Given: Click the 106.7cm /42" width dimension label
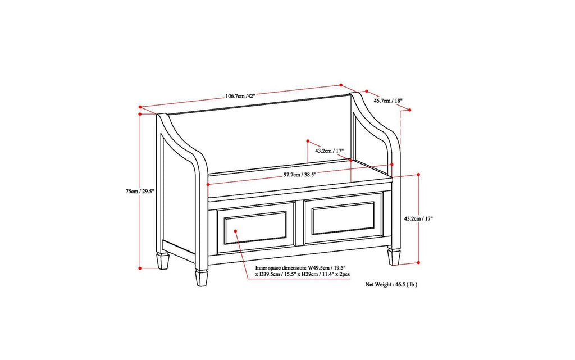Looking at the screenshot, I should pos(240,96).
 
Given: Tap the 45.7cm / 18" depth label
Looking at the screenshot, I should pos(388,101).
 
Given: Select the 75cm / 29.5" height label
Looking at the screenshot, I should pos(140,191).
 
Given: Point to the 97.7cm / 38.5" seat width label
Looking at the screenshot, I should pos(300,175).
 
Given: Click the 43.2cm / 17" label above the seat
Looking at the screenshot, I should pos(329,151).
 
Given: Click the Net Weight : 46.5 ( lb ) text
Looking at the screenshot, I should pos(391,285).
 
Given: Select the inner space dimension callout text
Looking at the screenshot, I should pos(302,271).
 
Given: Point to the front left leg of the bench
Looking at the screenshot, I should pos(201,278).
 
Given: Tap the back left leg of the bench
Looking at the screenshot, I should pos(163,261).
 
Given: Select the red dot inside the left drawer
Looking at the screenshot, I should pos(236,229).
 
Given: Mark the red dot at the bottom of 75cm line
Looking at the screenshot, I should pos(139,269).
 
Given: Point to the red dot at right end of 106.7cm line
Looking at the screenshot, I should pos(341,85).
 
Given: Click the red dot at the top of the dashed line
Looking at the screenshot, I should pos(410,110).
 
